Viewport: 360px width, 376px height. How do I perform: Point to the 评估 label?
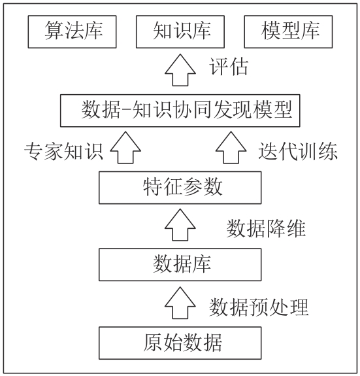[229, 67]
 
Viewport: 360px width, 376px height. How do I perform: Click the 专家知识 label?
[64, 151]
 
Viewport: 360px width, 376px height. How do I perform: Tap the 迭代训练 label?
[298, 151]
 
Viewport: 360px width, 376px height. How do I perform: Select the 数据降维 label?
[266, 228]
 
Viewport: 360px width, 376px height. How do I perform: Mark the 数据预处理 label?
[259, 307]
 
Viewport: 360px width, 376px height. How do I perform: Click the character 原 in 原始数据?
[153, 343]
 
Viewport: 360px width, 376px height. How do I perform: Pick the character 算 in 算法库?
[54, 30]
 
